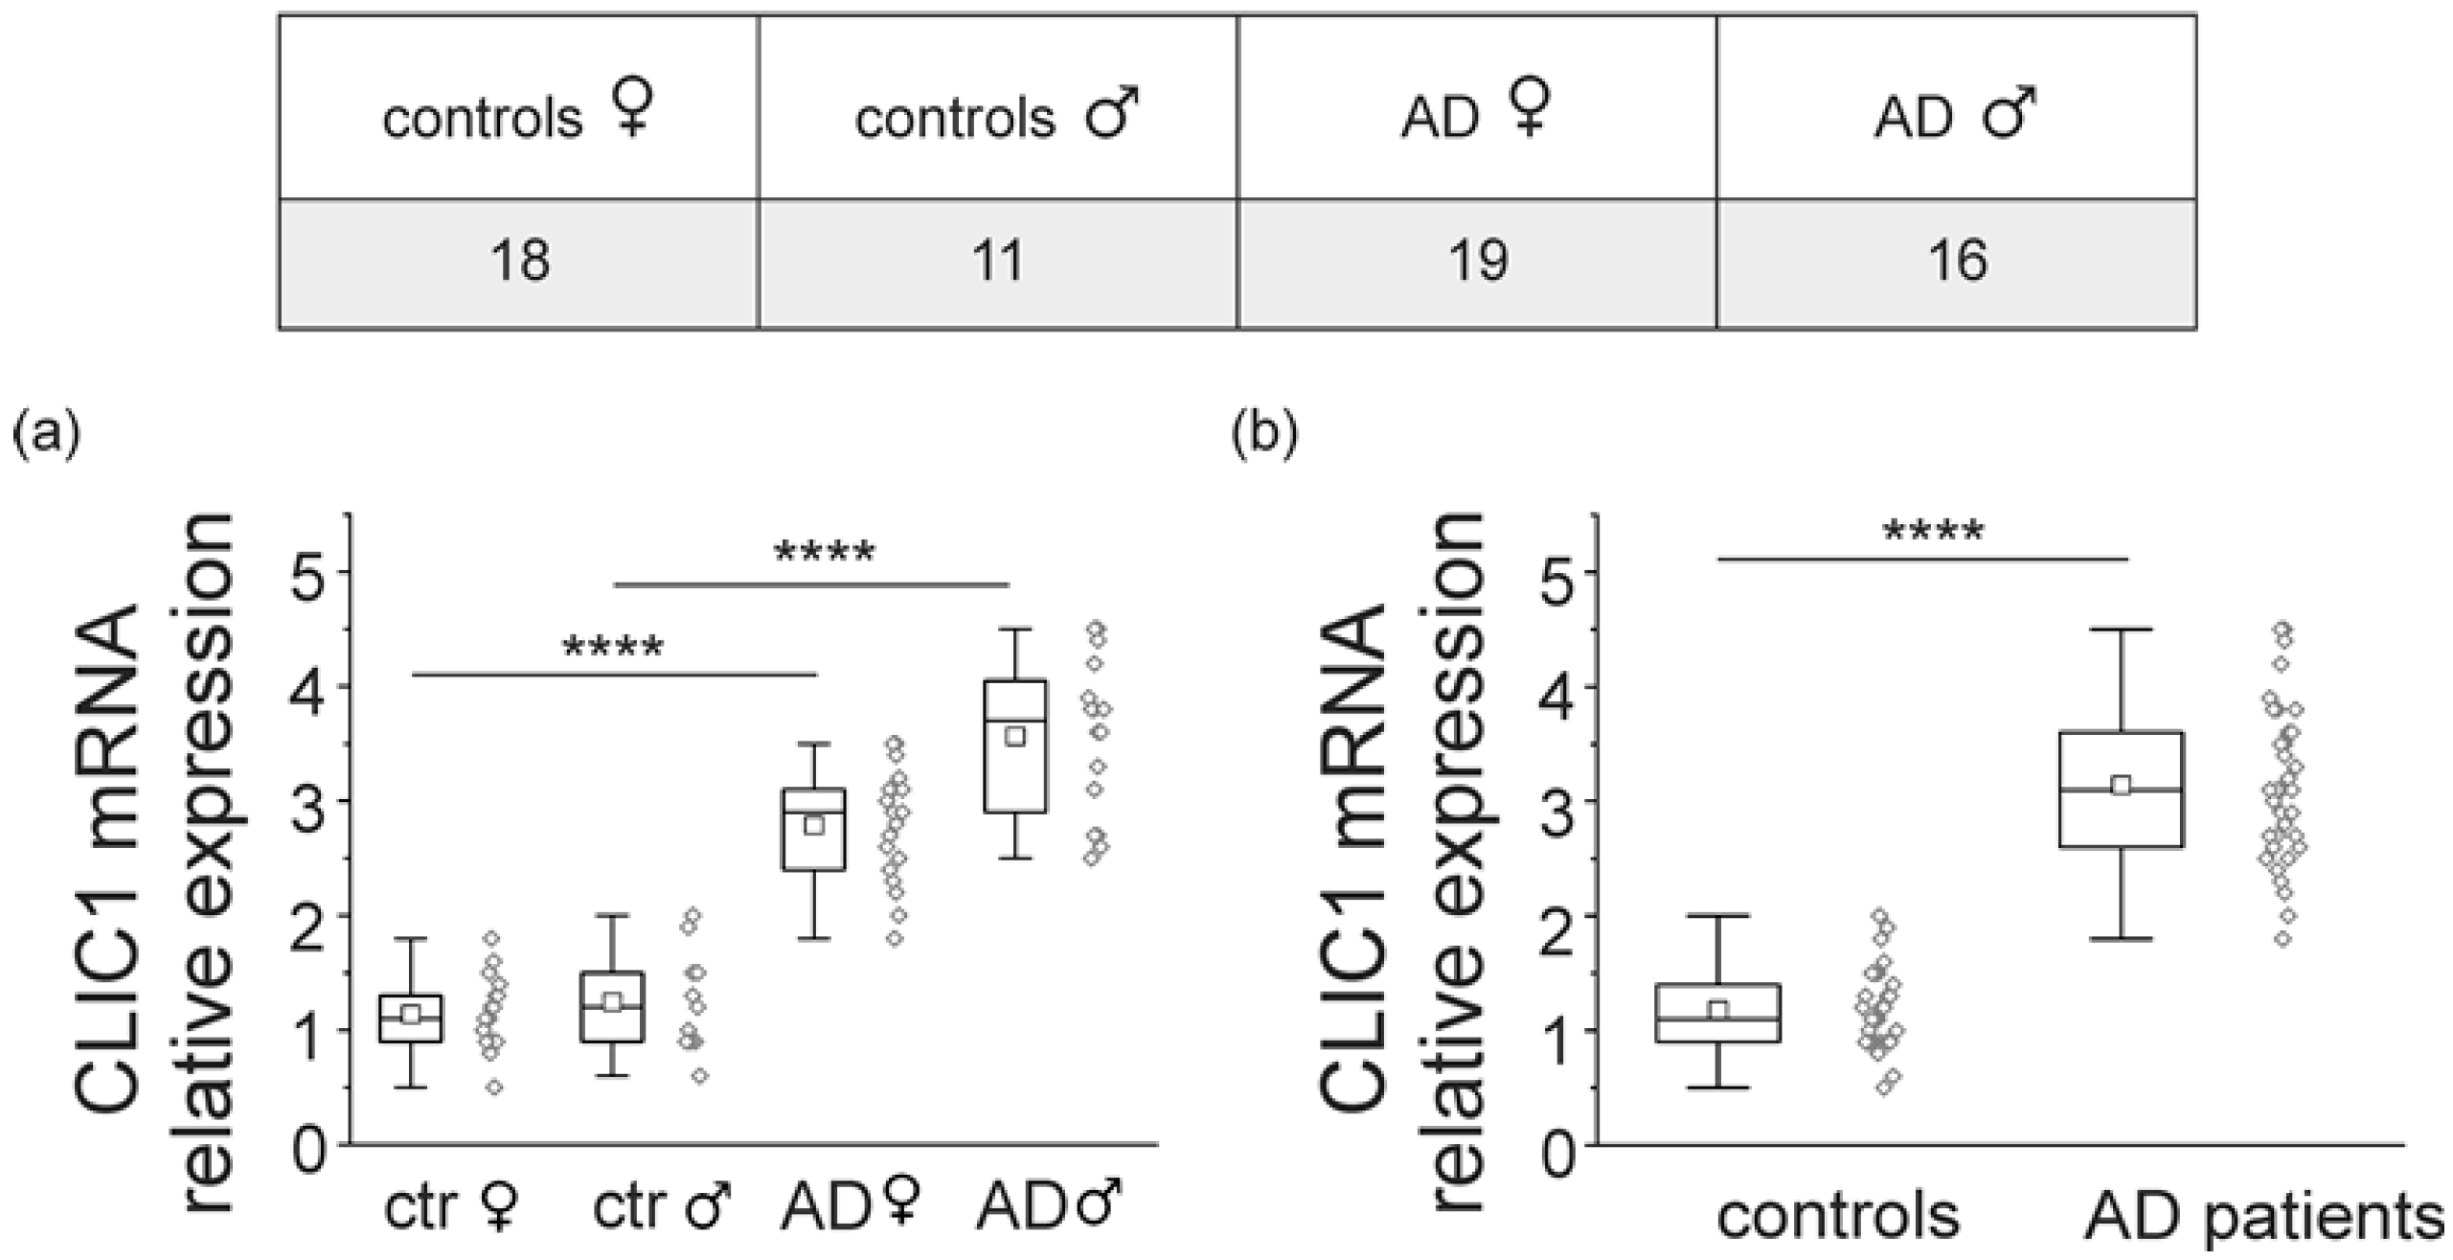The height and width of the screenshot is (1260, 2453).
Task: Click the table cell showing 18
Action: pos(519,261)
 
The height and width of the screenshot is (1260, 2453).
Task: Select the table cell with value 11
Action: pos(997,261)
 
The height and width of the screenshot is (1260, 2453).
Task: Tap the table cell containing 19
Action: pos(1476,261)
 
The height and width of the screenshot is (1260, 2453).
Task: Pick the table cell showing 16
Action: pos(1956,261)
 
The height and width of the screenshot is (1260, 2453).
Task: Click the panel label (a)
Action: pos(45,434)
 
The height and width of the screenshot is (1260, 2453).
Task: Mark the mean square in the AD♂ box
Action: pos(1015,736)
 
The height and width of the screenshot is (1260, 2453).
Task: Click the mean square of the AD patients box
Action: pos(2121,786)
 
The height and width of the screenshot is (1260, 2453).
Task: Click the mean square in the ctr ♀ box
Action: pos(411,1014)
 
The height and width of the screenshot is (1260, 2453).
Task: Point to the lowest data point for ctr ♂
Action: pos(700,1076)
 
